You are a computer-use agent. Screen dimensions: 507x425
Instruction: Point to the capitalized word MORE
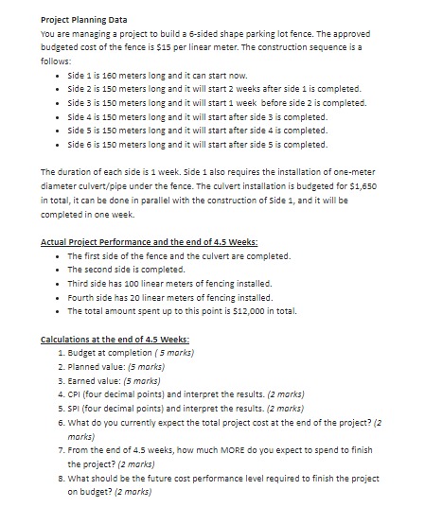238,452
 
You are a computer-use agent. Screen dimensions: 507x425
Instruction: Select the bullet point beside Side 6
61,145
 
